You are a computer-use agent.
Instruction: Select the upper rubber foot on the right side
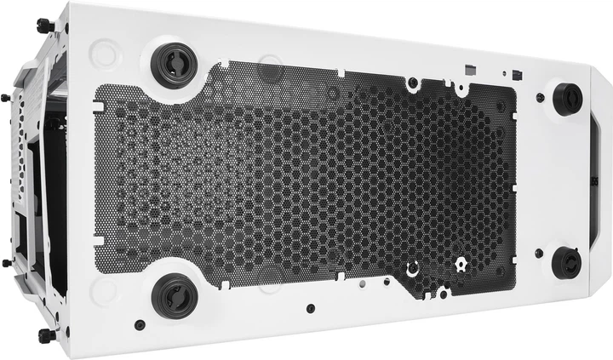coord(567,98)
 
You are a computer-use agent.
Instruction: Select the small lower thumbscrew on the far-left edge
coord(7,262)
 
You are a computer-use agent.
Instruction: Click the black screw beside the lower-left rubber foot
coord(140,323)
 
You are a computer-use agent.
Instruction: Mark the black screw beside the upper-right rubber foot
coord(540,99)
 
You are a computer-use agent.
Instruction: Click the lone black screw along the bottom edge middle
coord(310,307)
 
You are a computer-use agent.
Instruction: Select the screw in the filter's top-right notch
coord(412,83)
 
